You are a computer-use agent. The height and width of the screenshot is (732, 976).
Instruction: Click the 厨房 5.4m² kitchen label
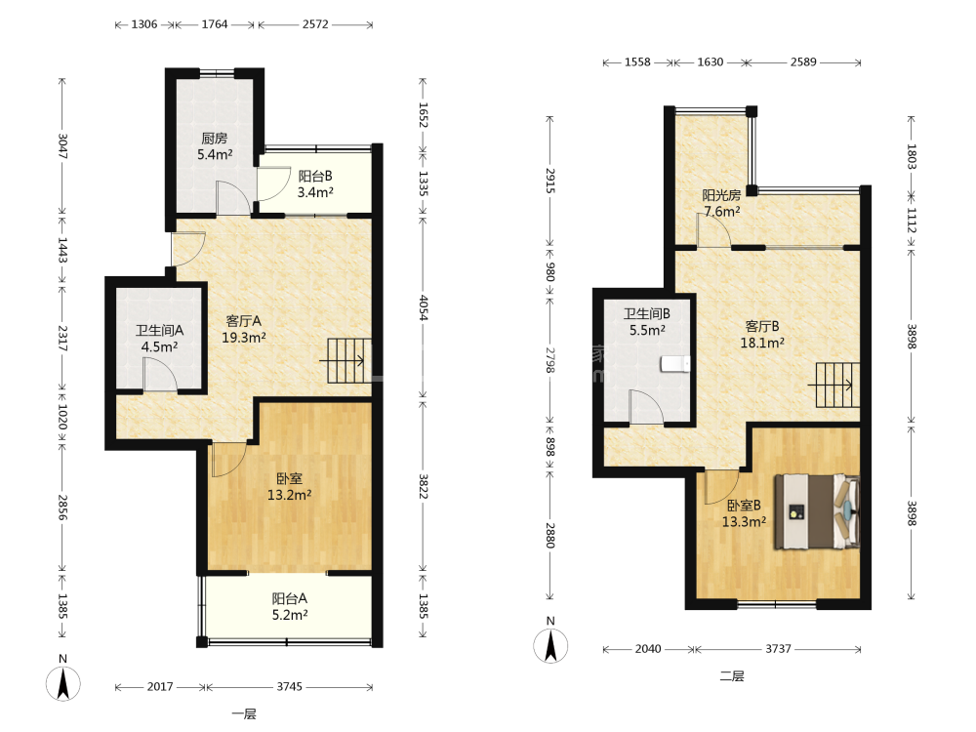pos(215,146)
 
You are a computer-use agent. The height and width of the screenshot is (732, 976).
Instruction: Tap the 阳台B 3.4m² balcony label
pos(315,184)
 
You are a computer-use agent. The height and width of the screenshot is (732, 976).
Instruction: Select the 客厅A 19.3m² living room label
pos(244,329)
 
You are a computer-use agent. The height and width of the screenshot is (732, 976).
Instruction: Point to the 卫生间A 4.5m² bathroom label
pos(159,338)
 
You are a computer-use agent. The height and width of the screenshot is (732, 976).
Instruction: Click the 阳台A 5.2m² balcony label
pos(290,606)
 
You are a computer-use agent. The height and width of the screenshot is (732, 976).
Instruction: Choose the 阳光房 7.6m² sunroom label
pos(721,204)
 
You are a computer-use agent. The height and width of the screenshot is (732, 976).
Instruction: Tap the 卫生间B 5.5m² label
pos(647,321)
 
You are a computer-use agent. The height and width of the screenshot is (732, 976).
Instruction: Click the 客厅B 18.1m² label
pos(762,334)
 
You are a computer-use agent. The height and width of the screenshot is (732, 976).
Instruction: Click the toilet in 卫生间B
pos(675,363)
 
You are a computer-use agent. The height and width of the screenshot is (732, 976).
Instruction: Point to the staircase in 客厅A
pos(349,360)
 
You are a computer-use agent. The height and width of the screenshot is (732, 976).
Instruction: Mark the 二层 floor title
pos(731,676)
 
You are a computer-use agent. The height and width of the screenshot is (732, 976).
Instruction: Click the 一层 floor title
pos(243,714)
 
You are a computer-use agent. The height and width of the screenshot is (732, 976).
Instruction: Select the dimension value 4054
pos(424,307)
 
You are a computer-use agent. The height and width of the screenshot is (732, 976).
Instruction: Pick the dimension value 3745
pos(290,686)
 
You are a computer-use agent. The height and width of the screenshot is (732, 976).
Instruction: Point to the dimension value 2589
pos(803,62)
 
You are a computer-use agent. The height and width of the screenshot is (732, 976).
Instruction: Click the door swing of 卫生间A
pos(160,376)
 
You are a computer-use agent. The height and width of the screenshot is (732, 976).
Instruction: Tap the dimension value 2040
pos(648,649)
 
